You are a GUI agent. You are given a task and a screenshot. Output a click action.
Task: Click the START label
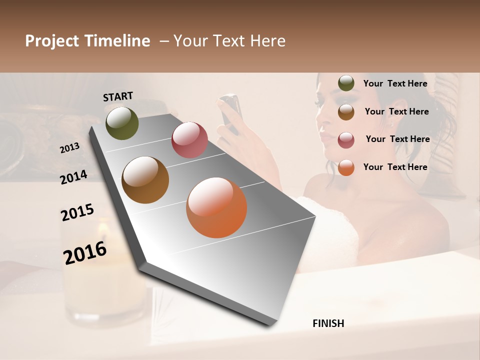(118, 96)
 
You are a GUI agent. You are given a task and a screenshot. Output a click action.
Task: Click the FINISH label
(328, 323)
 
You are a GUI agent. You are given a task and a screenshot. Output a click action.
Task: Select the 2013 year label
(69, 148)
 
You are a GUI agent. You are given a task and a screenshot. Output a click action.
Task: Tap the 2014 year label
(74, 177)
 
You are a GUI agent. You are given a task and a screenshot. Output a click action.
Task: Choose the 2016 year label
(85, 253)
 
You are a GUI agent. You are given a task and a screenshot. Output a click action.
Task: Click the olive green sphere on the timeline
(122, 123)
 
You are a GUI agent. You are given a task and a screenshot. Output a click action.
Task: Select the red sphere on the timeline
(189, 140)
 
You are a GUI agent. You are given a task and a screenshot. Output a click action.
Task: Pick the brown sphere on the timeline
(145, 180)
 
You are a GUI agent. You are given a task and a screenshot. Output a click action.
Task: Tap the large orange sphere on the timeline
(216, 207)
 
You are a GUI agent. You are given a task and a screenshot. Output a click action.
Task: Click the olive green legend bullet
(346, 83)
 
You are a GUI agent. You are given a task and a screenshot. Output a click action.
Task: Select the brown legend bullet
(346, 111)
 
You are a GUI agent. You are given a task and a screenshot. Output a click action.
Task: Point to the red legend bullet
(346, 139)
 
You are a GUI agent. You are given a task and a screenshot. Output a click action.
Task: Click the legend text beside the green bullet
(395, 83)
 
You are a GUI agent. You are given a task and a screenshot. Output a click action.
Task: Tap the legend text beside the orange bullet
(395, 167)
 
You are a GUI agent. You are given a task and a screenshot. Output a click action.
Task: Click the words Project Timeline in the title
(87, 41)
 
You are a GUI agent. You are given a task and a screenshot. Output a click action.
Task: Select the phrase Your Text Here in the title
(229, 41)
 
